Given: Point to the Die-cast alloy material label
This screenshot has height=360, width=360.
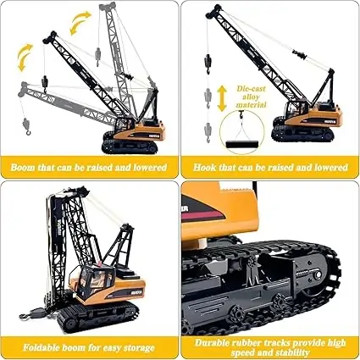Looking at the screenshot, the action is click(251, 97).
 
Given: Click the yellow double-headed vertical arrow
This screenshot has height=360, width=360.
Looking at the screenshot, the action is click(222, 98).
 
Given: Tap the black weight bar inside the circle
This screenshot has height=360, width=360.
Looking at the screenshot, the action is click(242, 144).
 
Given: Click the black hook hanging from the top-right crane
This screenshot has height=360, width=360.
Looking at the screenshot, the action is click(208, 64).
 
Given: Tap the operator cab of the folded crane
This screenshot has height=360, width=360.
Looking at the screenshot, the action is click(96, 279).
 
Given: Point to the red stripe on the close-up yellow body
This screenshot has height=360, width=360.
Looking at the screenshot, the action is click(202, 216).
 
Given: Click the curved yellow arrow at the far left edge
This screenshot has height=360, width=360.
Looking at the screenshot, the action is click(25, 58).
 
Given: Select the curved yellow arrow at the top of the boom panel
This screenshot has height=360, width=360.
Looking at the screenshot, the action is click(80, 22).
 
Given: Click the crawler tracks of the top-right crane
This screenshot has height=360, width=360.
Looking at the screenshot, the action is click(302, 134).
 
